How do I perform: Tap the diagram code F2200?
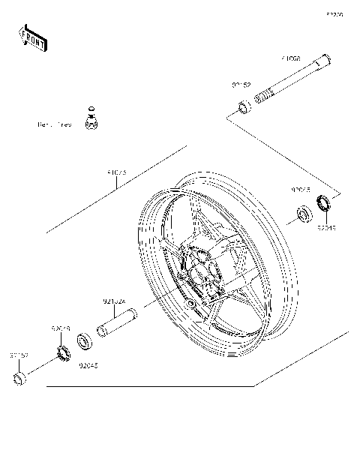point(334,14)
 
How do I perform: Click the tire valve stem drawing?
point(91,118)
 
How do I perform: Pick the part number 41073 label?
point(117,172)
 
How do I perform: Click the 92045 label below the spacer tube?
point(88,366)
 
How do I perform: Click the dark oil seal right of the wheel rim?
point(325,202)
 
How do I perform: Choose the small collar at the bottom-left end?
point(21,377)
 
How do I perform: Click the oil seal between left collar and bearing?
point(61,350)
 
